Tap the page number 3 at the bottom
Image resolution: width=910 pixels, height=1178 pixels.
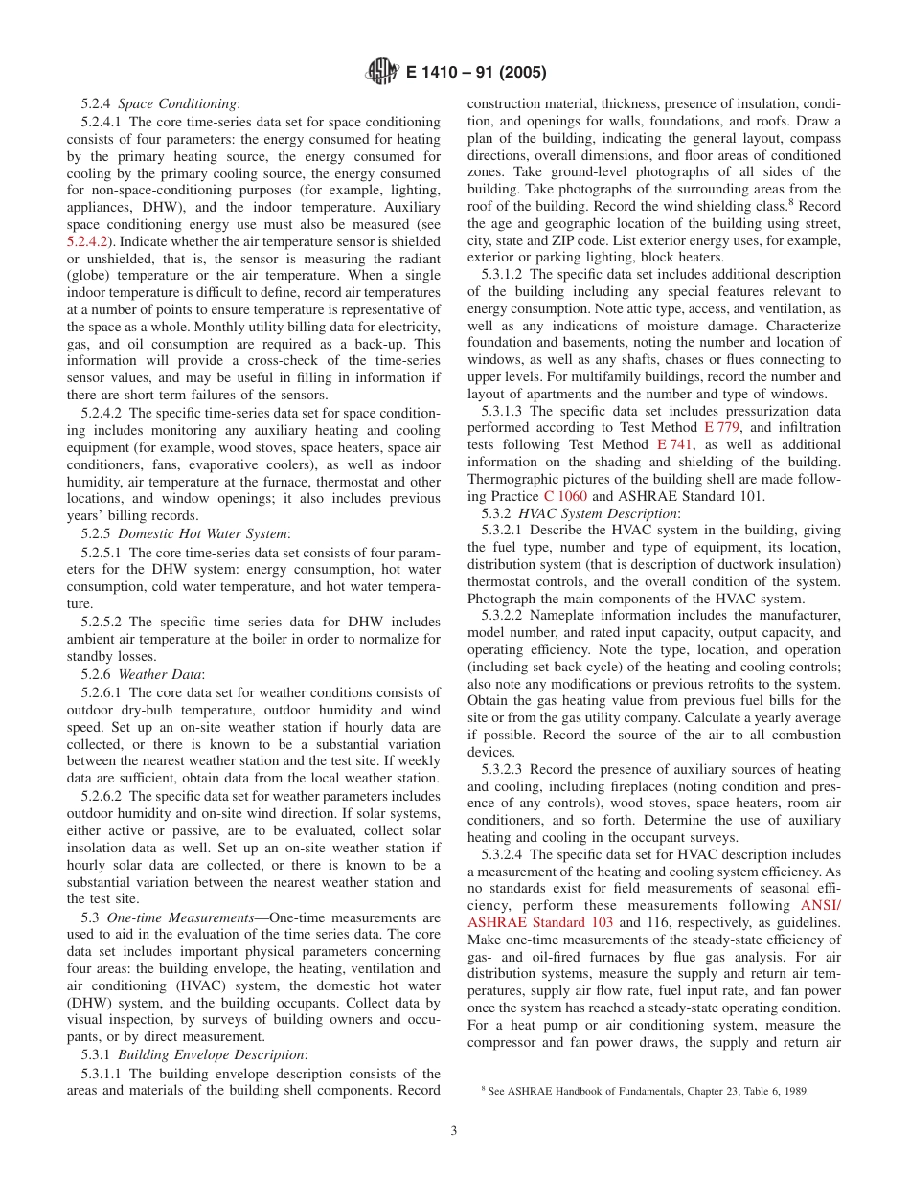[454, 1130]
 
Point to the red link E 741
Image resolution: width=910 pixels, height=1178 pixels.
[673, 445]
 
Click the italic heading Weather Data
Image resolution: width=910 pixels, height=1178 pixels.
[160, 674]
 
